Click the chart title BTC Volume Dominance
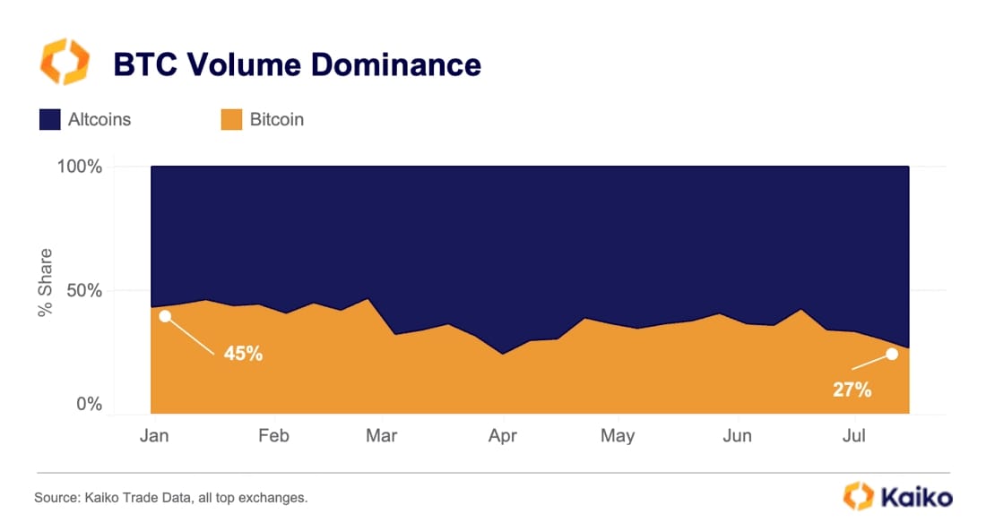coord(297,64)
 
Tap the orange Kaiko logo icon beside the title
coord(65,62)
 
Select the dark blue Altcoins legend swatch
coord(49,119)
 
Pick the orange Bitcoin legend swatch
coord(231,119)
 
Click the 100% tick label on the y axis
coord(82,167)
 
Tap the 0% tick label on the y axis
coord(90,405)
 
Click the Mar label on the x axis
coord(381,435)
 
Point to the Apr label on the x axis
coord(503,435)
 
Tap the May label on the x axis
coord(617,435)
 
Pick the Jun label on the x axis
coord(736,435)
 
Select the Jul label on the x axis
coord(854,435)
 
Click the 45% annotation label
coord(243,354)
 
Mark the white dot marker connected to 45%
coord(165,316)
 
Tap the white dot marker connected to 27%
coord(892,354)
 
